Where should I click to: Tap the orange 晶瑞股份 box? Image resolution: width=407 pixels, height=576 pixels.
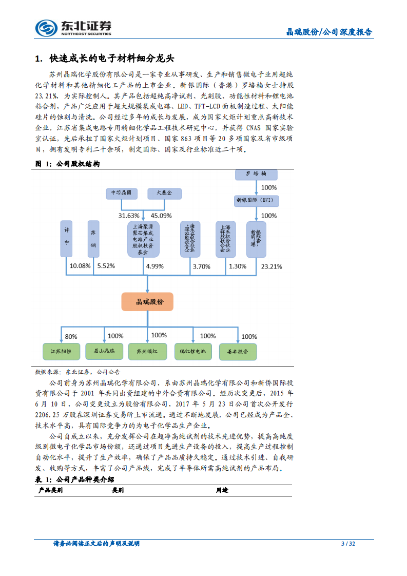point(147,302)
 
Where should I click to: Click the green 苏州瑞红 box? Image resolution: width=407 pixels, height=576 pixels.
point(147,351)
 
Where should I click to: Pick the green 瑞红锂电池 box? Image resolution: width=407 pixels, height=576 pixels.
point(192,351)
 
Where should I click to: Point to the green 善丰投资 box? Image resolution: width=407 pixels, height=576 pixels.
point(237,352)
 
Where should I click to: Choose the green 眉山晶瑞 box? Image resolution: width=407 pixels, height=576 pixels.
point(104,351)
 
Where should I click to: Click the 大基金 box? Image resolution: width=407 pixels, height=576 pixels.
point(164,194)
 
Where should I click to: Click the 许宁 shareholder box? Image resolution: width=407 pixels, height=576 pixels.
point(67,239)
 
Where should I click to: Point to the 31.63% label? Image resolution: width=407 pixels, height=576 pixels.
point(129,215)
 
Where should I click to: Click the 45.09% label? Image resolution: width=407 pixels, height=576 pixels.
point(161,215)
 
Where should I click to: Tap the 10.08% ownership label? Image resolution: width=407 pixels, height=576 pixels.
point(80,266)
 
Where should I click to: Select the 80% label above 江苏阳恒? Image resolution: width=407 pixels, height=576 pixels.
point(71,337)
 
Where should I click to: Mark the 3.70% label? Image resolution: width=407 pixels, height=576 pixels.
point(201,266)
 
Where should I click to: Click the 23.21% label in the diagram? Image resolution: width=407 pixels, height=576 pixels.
point(272,266)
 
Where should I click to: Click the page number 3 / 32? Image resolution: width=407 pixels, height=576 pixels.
point(348,544)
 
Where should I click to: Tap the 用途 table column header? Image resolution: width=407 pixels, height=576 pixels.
point(222,490)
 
